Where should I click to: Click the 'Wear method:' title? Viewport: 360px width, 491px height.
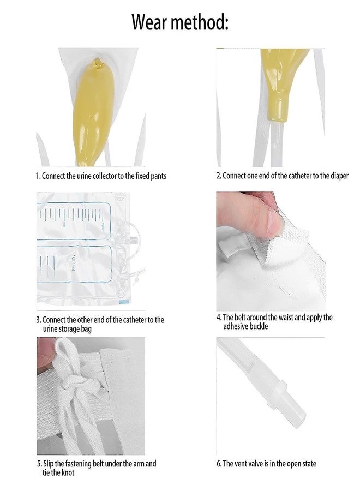click(x=179, y=22)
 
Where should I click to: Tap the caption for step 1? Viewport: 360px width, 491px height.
click(x=101, y=176)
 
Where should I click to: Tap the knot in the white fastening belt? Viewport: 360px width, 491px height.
click(x=73, y=388)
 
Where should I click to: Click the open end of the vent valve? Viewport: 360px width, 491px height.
click(x=301, y=416)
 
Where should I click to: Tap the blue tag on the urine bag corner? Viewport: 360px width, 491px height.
click(x=124, y=302)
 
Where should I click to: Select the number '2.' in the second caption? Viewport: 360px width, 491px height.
click(x=219, y=176)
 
